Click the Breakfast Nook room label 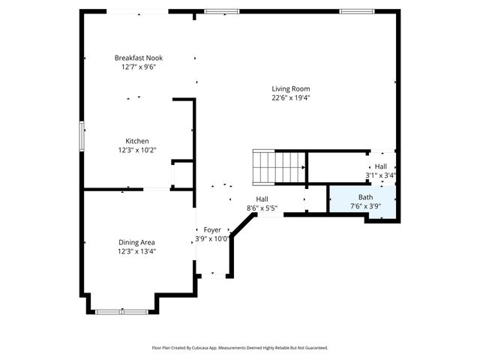coord(138,58)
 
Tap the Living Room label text coord(290,88)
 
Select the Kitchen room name coord(136,141)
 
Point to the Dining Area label coord(136,241)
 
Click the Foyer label coord(211,230)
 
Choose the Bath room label coord(364,197)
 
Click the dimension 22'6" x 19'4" coord(290,97)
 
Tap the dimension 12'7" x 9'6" coord(138,67)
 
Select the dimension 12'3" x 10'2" coord(136,150)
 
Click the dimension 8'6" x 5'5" coord(262,208)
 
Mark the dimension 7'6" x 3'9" coord(364,206)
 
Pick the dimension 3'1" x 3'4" coord(380,175)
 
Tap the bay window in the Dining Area coord(121,310)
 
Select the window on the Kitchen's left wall coord(82,137)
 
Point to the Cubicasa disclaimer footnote coord(240,348)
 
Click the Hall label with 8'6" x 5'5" coord(262,199)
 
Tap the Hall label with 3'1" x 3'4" coord(381,166)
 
